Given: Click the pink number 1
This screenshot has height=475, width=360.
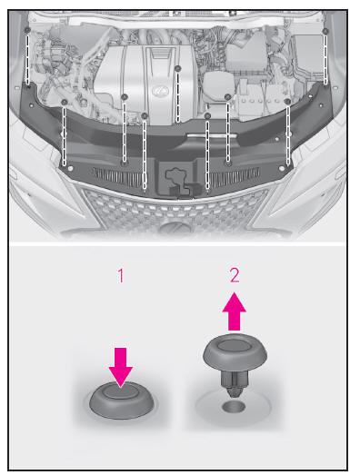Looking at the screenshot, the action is click(x=121, y=276).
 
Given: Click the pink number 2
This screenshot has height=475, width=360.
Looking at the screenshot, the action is click(x=235, y=275).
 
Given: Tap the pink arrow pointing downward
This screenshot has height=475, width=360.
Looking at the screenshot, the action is click(x=121, y=367).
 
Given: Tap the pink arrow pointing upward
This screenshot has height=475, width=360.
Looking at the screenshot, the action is click(x=235, y=311).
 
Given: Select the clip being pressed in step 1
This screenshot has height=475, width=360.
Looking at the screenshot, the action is click(x=122, y=401).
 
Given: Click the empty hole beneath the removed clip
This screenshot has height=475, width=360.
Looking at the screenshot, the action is click(x=233, y=407).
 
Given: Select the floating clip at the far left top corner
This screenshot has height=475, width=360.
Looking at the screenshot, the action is click(x=27, y=30).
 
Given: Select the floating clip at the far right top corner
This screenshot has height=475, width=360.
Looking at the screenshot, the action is click(x=325, y=31).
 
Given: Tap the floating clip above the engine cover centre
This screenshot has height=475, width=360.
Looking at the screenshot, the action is click(x=178, y=68).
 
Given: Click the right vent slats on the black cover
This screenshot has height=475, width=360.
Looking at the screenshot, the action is click(x=235, y=176).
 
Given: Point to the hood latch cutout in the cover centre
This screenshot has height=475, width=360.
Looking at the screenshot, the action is click(x=179, y=179).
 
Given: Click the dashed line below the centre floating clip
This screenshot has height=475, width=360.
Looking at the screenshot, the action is click(x=178, y=97).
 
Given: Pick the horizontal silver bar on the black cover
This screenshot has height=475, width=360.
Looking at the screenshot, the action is click(x=212, y=135).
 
